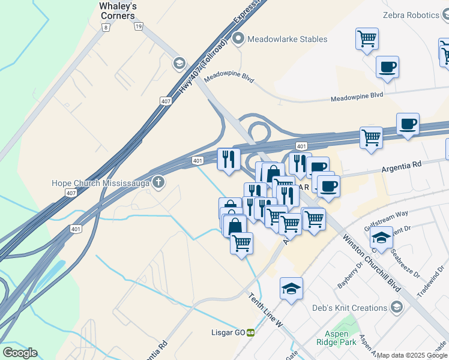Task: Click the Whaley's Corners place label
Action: (118, 11)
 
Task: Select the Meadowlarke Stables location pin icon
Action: (238, 40)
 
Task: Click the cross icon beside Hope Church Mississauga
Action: (158, 182)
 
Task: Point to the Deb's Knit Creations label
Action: (349, 308)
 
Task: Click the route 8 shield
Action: (106, 27)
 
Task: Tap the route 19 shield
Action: (139, 26)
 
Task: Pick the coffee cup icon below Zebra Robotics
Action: (387, 67)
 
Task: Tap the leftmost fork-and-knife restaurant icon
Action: (228, 159)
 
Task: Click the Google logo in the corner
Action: (19, 353)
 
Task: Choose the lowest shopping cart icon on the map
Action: (241, 244)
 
